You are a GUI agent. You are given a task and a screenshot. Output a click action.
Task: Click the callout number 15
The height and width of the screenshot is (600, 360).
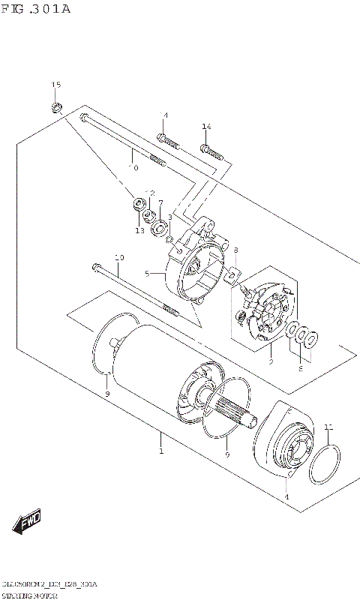(55, 85)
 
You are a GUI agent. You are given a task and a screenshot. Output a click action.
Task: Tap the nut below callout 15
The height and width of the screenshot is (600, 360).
(56, 108)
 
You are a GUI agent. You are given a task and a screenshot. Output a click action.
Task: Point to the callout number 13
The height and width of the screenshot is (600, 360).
(139, 231)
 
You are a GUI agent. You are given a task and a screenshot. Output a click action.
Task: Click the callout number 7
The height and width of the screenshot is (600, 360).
(160, 203)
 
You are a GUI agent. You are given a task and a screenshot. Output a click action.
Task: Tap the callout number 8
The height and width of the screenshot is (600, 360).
(235, 250)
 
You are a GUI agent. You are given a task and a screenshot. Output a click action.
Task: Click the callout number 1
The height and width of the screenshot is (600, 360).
(160, 451)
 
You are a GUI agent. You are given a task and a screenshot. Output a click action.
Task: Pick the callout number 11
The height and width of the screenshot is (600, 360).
(327, 427)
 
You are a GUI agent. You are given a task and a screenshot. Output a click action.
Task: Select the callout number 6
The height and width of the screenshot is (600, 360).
(300, 368)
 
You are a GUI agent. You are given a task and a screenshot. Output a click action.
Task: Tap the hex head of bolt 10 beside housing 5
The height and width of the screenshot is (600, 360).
(95, 268)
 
